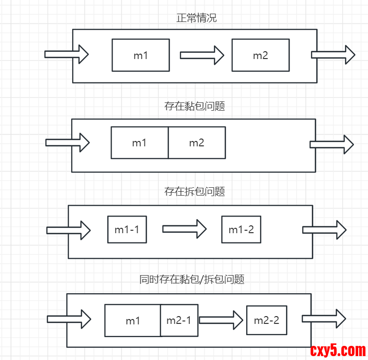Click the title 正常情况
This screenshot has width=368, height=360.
(196, 19)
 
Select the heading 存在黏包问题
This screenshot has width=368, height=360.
(195, 106)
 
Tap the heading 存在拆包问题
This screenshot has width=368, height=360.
(195, 192)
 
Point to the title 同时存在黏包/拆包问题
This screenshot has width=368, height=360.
(192, 280)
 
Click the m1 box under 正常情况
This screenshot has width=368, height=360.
(140, 55)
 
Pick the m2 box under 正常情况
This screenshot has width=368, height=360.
(260, 55)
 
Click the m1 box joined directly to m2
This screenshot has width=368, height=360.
(139, 143)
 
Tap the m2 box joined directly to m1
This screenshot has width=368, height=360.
(196, 143)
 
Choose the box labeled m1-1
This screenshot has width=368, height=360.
(127, 229)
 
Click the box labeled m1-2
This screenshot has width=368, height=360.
(241, 229)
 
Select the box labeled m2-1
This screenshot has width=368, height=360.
(179, 320)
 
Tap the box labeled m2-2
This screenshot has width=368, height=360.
(266, 320)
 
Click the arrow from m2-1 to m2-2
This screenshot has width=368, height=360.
(221, 320)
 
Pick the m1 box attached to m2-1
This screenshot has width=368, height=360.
(133, 320)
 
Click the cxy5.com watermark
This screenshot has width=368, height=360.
(338, 350)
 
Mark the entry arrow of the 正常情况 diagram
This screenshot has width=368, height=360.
(66, 54)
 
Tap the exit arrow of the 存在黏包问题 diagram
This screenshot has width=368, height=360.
(331, 144)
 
